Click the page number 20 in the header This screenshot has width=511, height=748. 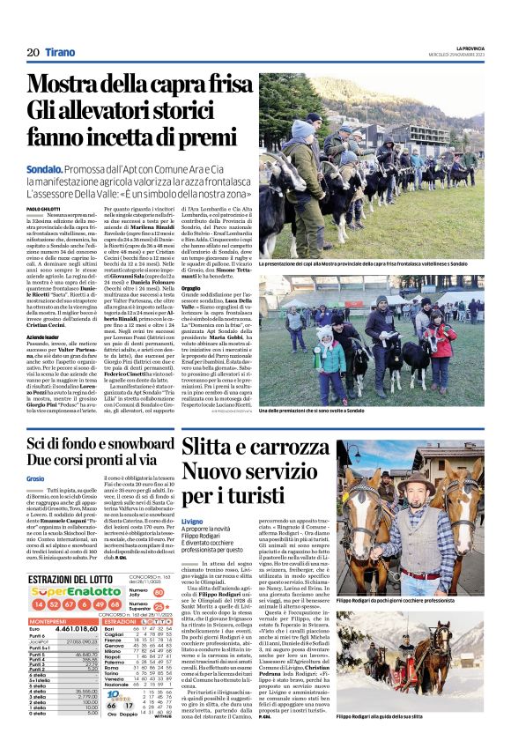(33, 54)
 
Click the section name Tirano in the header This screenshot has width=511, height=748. (60, 54)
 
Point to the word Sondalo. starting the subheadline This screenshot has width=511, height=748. (44, 167)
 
